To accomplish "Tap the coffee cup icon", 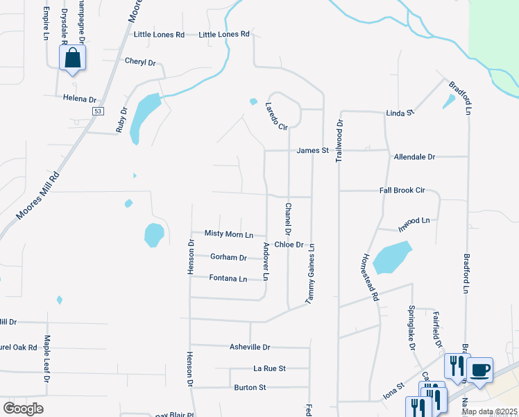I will pyautogui.click(x=479, y=369).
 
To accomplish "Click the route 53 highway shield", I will pyautogui.click(x=98, y=111).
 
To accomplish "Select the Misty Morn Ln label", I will pyautogui.click(x=228, y=234).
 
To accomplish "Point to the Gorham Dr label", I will pyautogui.click(x=228, y=257).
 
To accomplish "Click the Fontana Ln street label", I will pyautogui.click(x=228, y=279).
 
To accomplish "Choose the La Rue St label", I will pyautogui.click(x=269, y=368).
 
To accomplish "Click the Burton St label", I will pyautogui.click(x=250, y=387).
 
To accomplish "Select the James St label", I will pyautogui.click(x=312, y=150).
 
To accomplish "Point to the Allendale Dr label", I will pyautogui.click(x=414, y=157).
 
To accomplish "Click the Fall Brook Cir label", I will pyautogui.click(x=411, y=190).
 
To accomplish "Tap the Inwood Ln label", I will pyautogui.click(x=414, y=220).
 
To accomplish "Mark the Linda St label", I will pyautogui.click(x=400, y=112).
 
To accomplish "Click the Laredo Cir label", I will pyautogui.click(x=276, y=116).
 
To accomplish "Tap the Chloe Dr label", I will pyautogui.click(x=289, y=245).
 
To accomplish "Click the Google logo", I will pyautogui.click(x=23, y=409).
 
